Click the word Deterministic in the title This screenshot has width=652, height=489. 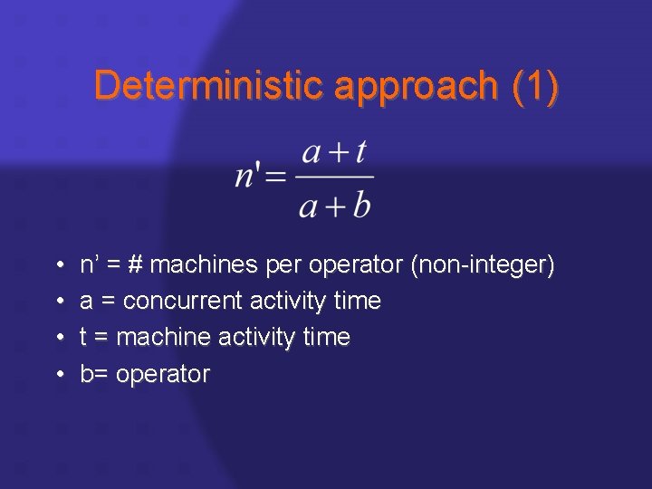pos(209,86)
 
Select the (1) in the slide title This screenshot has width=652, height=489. pos(535,86)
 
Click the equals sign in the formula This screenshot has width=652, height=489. pos(277,177)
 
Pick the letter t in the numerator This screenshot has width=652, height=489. pos(360,152)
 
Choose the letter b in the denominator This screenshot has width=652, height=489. pos(361,206)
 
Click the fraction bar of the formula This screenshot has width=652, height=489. pos(335,178)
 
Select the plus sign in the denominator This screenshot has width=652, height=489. pos(337,207)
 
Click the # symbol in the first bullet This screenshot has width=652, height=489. pos(135,265)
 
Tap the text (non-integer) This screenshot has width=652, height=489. pos(483,265)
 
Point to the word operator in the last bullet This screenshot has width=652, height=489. pos(166,374)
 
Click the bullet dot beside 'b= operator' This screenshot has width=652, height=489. pos(58,374)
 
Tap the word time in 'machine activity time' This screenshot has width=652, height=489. pos(328,337)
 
